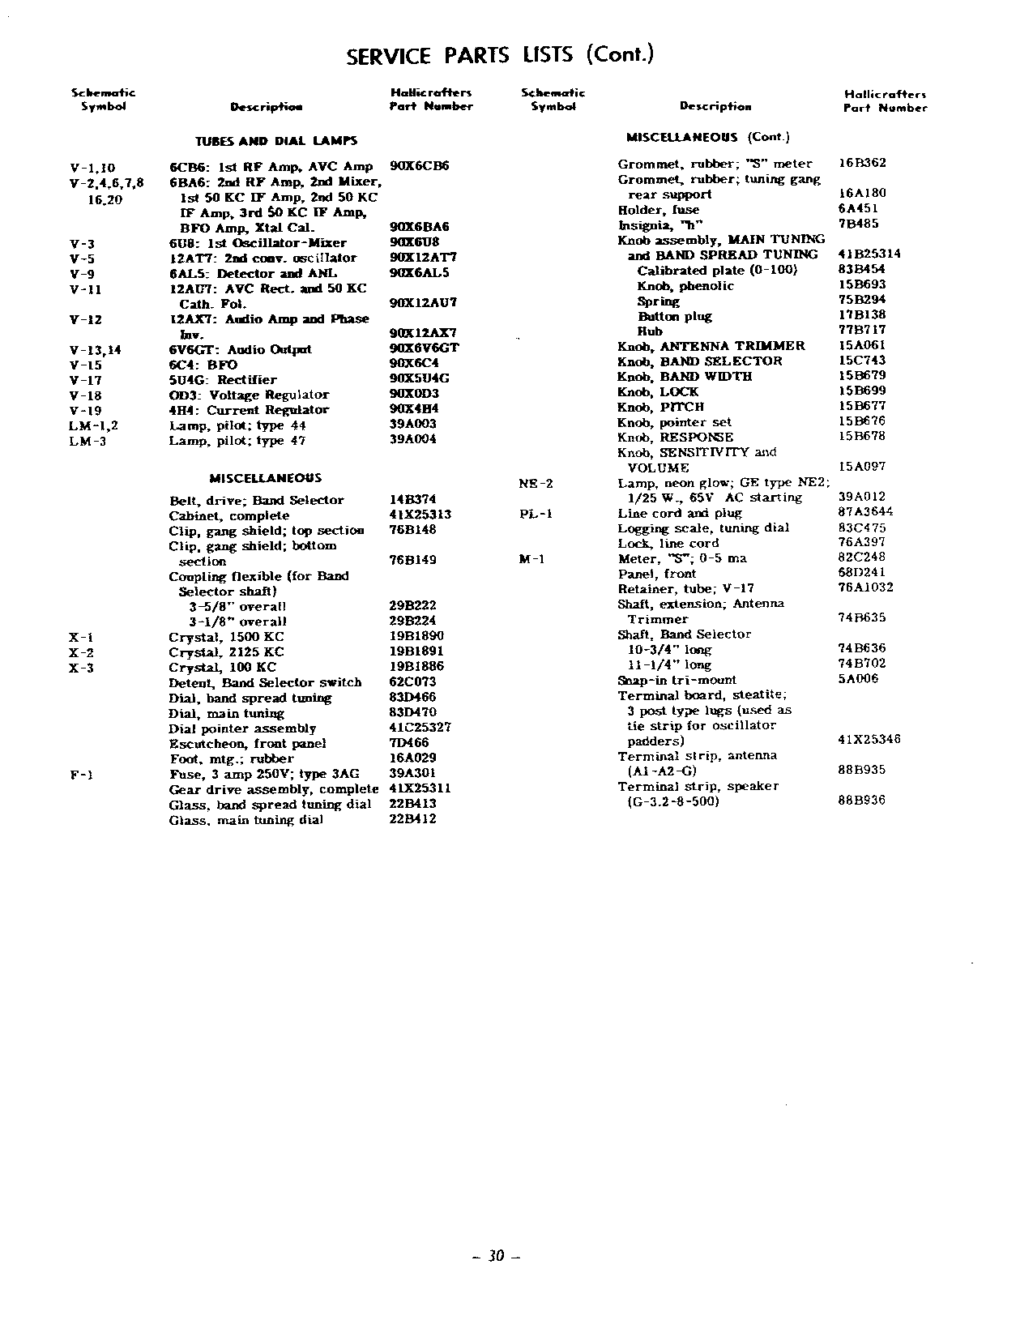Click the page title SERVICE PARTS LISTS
pos(499,55)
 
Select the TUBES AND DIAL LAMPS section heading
pos(276,141)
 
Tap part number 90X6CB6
pos(419,166)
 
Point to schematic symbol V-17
pos(86,380)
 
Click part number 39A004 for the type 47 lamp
pos(413,441)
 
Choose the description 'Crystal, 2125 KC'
pos(226,652)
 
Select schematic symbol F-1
pos(81,774)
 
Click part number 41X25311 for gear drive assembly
pos(420,788)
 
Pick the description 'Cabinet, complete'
pos(228,516)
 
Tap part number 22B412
pos(412,819)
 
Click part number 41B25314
pos(869,254)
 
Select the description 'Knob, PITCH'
pos(660,407)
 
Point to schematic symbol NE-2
pos(536,484)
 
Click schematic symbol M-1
pos(531,558)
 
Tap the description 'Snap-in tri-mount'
pos(677,681)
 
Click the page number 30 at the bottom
pos(496,1257)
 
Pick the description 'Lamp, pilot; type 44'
pos(237,425)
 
